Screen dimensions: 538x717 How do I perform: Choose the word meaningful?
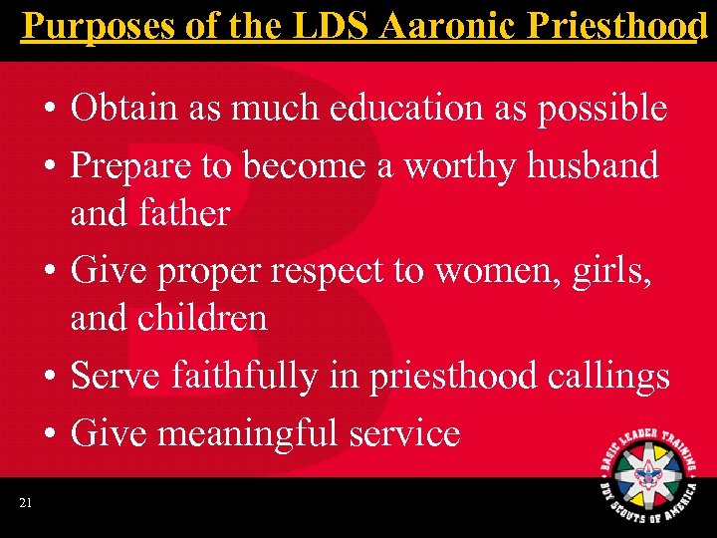253,432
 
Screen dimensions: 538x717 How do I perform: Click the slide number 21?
25,503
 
